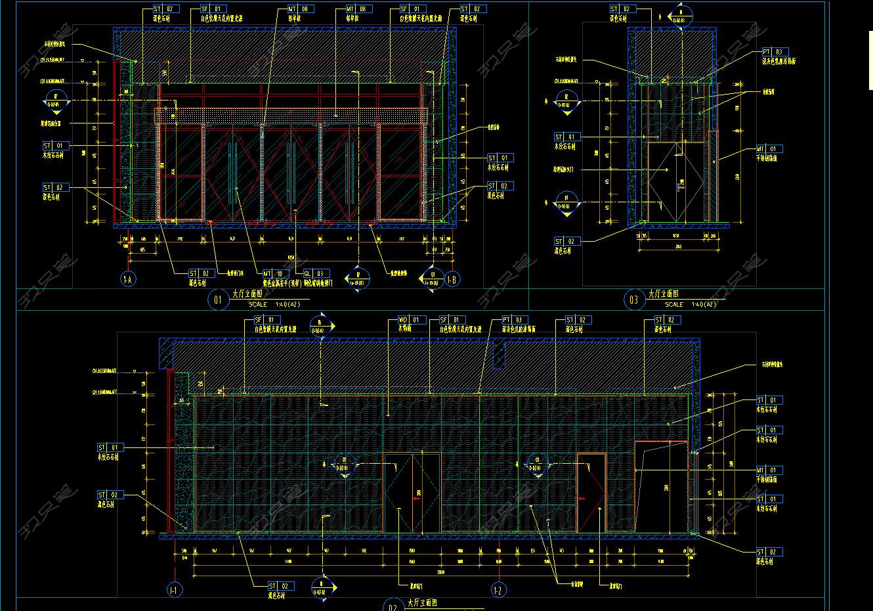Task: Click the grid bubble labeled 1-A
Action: click(x=128, y=279)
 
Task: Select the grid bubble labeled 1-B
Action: click(x=452, y=279)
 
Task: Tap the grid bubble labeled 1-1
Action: click(x=175, y=590)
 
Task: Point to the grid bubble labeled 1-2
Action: click(x=498, y=590)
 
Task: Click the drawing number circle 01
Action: click(x=218, y=300)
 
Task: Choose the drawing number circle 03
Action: click(x=633, y=300)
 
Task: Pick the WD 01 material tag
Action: click(x=412, y=320)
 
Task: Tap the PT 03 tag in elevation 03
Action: click(x=775, y=52)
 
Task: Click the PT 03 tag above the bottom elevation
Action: click(x=515, y=320)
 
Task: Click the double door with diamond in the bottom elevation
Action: click(x=411, y=493)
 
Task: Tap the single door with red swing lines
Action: click(x=591, y=493)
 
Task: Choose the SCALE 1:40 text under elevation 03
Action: click(x=689, y=305)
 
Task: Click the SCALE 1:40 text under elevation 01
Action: click(x=274, y=305)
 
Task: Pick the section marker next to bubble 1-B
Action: click(x=432, y=279)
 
